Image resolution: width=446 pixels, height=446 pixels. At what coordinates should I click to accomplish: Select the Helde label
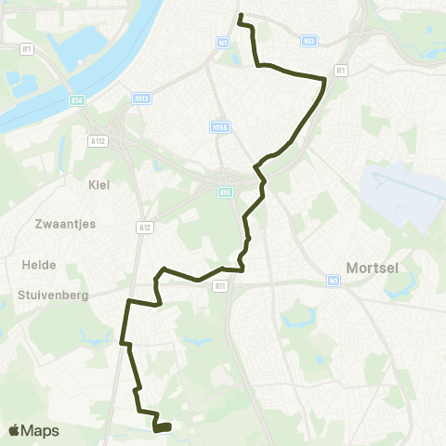(38, 264)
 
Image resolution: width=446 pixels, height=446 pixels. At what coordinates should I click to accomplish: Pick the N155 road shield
(219, 128)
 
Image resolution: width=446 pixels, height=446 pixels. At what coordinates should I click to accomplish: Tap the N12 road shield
(310, 40)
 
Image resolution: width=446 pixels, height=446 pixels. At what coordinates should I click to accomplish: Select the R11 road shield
(219, 287)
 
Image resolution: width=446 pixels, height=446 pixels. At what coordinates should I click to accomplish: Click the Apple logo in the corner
(14, 430)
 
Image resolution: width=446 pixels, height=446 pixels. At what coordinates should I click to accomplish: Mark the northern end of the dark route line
(241, 16)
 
